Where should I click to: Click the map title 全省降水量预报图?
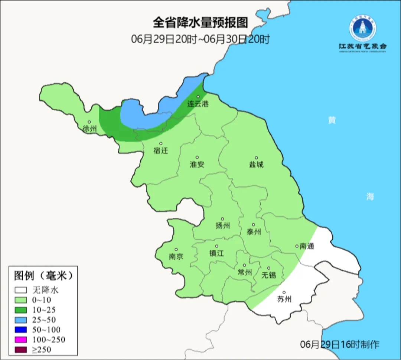coord(200,23)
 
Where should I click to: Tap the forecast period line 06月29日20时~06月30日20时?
coord(200,39)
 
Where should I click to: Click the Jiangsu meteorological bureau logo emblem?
coord(362,28)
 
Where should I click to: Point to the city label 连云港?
coord(198,104)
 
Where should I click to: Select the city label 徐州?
coord(89,129)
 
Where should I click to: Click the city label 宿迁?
coord(161,151)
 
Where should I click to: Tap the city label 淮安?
coord(197,164)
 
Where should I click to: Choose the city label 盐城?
coord(256,164)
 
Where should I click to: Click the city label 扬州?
coord(222,226)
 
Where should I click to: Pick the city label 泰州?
coord(254,232)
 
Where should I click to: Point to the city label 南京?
coord(176,256)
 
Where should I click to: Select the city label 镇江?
coord(216,253)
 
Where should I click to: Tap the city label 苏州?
coord(284,299)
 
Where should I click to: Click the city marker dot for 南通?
coord(297,246)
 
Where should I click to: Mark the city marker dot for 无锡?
coord(268,268)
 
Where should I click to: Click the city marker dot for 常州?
coord(244,265)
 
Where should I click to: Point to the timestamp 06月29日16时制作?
coord(340,344)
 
